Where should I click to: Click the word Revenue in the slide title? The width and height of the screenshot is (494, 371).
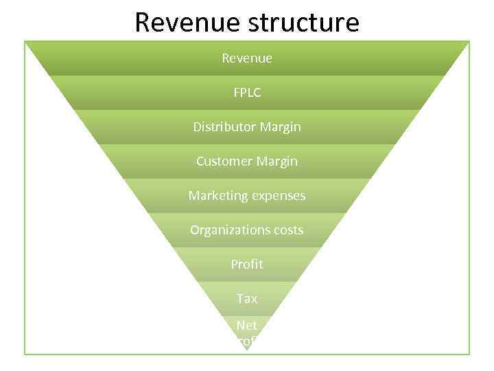point(181,23)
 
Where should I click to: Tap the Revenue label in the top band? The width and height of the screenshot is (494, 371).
point(247,58)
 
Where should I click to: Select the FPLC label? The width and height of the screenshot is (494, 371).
point(247,93)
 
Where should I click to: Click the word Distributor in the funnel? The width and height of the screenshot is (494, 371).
point(224,127)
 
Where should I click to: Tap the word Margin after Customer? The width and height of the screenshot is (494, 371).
point(277,161)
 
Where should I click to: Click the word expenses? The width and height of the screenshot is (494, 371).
point(278,196)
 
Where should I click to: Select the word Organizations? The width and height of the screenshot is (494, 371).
point(228,230)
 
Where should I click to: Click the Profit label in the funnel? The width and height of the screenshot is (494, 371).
point(247,265)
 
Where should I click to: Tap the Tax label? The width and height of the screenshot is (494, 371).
point(247,299)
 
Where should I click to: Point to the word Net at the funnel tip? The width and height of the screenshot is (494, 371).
point(246,325)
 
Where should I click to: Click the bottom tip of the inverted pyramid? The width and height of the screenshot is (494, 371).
point(247,350)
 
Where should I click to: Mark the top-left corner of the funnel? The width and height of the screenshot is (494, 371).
point(26,42)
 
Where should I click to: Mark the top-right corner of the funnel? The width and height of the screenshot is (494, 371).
point(469,42)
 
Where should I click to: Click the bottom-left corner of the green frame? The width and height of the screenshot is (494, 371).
point(25,354)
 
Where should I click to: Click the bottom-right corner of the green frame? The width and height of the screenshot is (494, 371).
point(469,354)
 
